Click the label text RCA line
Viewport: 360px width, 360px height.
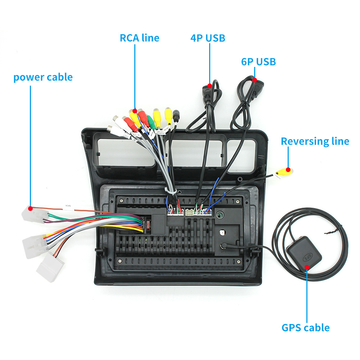pyautogui.click(x=139, y=38)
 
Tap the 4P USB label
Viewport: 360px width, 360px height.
pyautogui.click(x=208, y=38)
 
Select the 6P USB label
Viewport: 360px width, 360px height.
pyautogui.click(x=258, y=62)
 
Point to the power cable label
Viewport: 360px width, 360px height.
pyautogui.click(x=43, y=77)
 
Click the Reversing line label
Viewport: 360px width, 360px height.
pyautogui.click(x=315, y=141)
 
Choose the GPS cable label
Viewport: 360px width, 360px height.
pyautogui.click(x=305, y=328)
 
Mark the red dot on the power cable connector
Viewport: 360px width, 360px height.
pyautogui.click(x=31, y=208)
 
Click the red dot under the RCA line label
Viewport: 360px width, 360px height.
pyautogui.click(x=135, y=111)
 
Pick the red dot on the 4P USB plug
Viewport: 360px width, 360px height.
pyautogui.click(x=209, y=86)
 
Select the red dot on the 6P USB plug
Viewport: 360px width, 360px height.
pyautogui.click(x=254, y=80)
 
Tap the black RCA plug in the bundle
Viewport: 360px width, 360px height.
pyautogui.click(x=176, y=117)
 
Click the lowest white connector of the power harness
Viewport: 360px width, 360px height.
pyautogui.click(x=51, y=266)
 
